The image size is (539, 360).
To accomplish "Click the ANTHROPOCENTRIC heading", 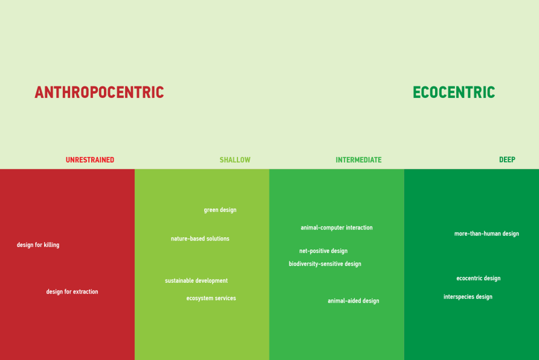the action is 99,92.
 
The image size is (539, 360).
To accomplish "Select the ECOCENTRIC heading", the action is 454,92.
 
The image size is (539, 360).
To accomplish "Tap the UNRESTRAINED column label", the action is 89,159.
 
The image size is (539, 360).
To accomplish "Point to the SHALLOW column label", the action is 235,159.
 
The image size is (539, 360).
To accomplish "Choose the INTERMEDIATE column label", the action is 358,159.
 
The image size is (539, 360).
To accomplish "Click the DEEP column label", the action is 507,159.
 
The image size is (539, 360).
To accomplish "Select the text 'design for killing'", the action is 38,245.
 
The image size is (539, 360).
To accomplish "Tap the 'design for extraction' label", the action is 72,292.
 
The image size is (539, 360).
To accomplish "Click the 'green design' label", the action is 220,210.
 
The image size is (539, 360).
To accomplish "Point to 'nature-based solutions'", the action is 200,239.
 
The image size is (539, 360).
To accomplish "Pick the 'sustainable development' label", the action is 196,281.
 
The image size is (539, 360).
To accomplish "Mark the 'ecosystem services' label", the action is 211,298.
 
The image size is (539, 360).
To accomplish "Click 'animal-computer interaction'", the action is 337,227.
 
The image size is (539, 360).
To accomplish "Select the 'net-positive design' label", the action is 323,251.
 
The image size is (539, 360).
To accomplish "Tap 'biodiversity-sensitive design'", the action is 325,264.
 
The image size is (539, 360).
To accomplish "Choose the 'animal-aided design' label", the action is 353,301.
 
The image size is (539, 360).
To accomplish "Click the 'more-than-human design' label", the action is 487,234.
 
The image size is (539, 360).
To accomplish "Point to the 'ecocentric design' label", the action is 479,278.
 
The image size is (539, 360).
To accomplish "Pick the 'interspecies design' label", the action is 468,297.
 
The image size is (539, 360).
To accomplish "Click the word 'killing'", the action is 51,245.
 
